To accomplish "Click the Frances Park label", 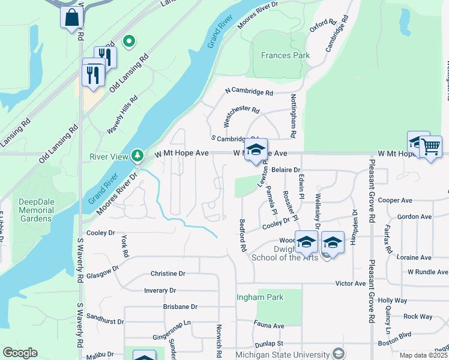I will [285, 55].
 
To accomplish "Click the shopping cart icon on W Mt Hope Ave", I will [430, 146].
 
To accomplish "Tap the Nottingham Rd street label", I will [294, 114].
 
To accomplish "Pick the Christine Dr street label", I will [168, 274].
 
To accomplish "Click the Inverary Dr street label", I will [160, 290].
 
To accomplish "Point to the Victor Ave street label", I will [351, 283].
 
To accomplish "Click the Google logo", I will [20, 353].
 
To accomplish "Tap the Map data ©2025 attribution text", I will [424, 355].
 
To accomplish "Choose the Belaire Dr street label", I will [285, 170].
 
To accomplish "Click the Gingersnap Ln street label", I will [171, 322].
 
